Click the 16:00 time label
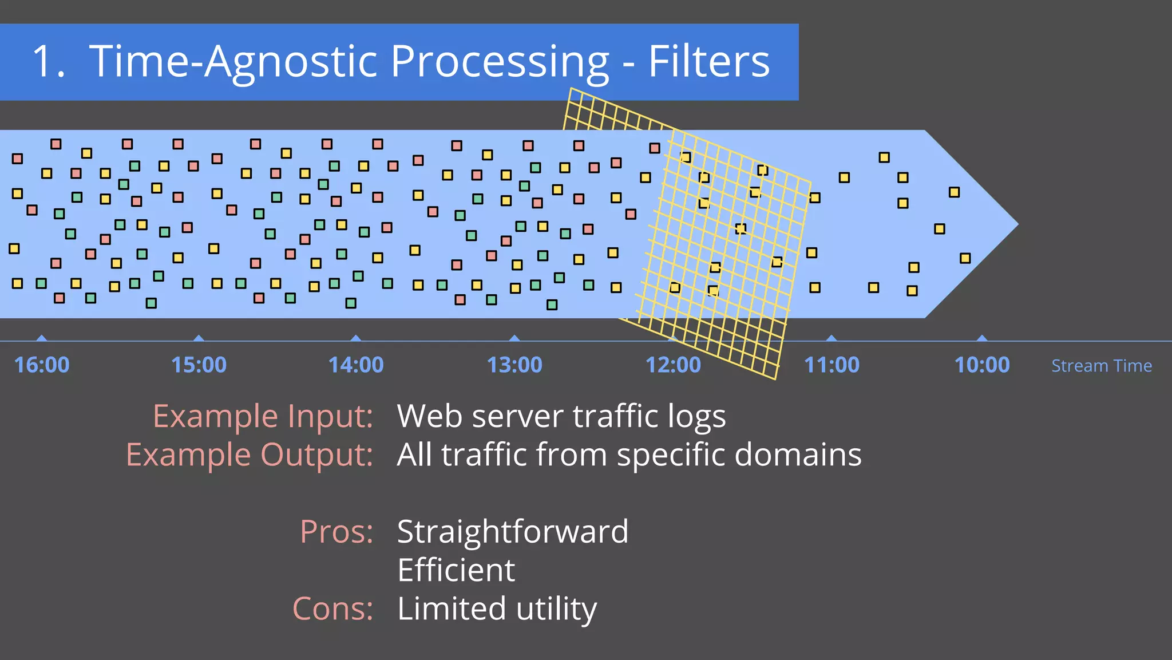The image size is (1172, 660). click(x=41, y=365)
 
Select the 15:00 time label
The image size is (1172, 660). click(x=199, y=365)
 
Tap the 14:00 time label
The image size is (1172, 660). click(x=355, y=365)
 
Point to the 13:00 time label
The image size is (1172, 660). click(x=514, y=365)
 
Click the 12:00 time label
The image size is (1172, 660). click(x=673, y=365)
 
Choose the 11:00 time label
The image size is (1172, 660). click(x=832, y=365)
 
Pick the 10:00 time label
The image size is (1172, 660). click(x=982, y=365)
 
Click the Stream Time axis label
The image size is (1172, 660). click(x=1101, y=366)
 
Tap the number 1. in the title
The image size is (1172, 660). click(x=48, y=61)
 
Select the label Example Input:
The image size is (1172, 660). click(x=263, y=416)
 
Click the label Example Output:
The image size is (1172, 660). click(x=249, y=455)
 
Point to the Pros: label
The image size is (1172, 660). click(x=336, y=532)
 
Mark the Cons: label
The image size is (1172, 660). click(x=332, y=608)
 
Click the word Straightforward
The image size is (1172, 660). click(x=513, y=532)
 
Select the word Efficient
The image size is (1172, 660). click(x=456, y=570)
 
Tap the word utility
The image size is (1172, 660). click(x=556, y=608)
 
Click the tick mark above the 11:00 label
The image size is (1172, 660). click(x=832, y=338)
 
